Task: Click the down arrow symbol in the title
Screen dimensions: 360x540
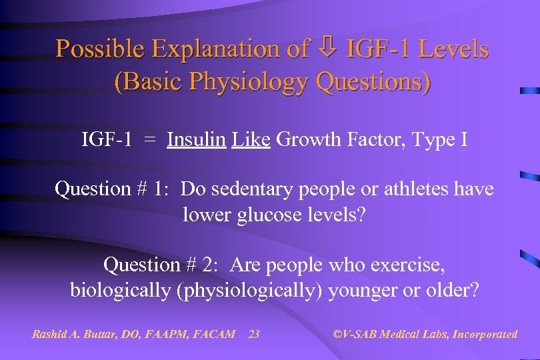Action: tap(328, 49)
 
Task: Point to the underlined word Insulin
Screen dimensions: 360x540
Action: tap(196, 141)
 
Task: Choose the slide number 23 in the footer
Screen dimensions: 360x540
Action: tap(254, 334)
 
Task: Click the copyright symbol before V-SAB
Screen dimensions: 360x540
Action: tap(337, 334)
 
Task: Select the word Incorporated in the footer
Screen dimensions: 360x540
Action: tap(485, 334)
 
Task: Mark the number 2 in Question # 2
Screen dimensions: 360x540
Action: tap(213, 265)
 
